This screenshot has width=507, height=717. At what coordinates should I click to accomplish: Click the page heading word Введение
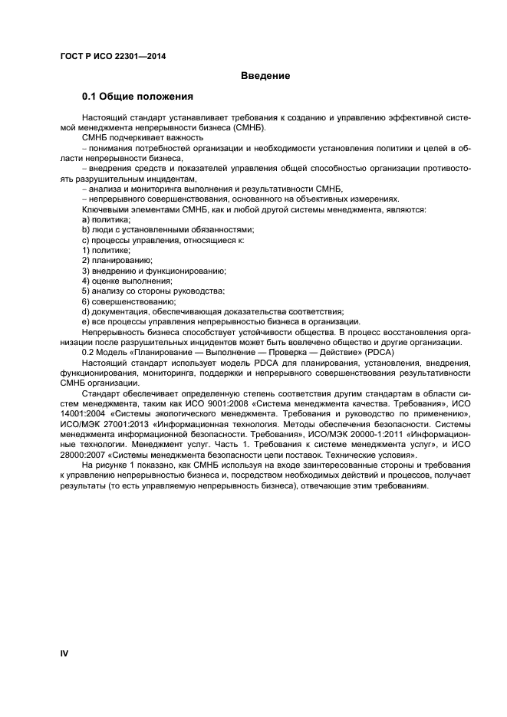click(x=265, y=76)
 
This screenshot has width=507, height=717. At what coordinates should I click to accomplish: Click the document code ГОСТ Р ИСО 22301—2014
click(x=114, y=56)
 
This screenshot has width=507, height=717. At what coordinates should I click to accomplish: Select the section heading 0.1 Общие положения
click(x=137, y=97)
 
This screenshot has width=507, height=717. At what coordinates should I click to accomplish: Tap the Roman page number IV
click(x=64, y=653)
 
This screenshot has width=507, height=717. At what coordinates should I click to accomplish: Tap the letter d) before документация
click(x=86, y=311)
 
